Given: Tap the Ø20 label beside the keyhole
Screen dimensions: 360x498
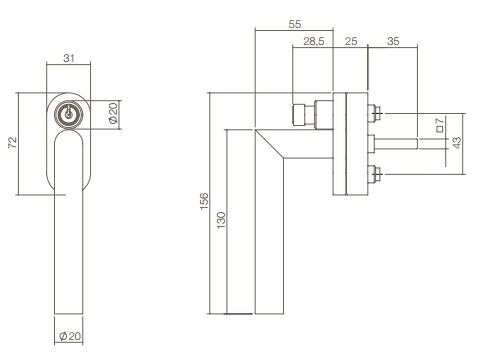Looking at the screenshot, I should pos(114,114).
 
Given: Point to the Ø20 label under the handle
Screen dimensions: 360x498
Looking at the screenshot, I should pos(67,336).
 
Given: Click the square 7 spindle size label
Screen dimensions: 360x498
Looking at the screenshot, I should pos(440,125).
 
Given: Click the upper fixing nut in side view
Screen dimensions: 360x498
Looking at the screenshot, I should pos(375,112).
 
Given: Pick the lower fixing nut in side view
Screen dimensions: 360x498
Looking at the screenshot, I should pos(375,176).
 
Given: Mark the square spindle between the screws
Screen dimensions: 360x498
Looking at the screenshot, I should pos(400,144).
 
